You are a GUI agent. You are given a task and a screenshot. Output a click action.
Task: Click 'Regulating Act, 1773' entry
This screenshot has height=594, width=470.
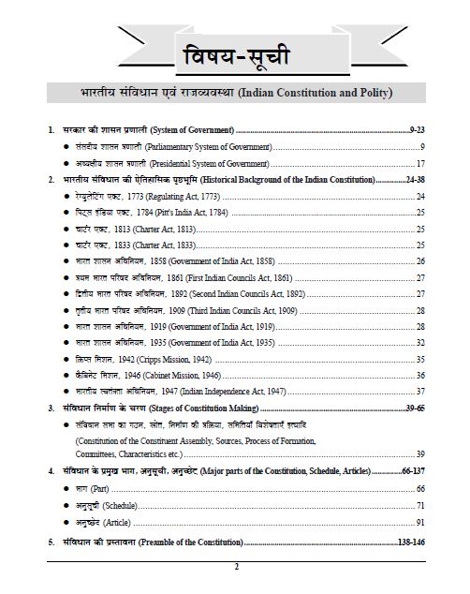pyautogui.click(x=150, y=196)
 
